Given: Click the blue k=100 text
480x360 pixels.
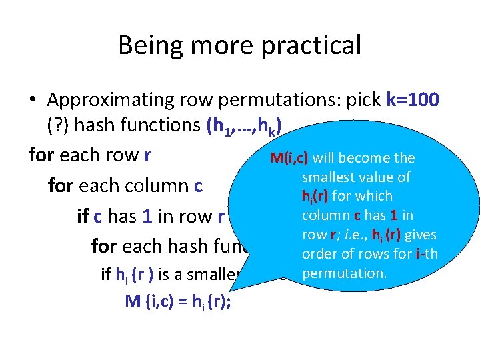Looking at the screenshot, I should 412,100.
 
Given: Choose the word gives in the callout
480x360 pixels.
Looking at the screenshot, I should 420,235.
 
